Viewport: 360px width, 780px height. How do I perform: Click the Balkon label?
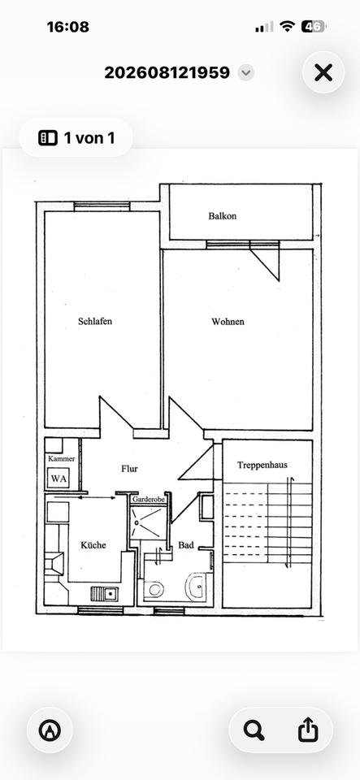(x=223, y=216)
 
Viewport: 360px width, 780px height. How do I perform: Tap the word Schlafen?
(x=95, y=322)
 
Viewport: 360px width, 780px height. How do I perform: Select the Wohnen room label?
(x=228, y=322)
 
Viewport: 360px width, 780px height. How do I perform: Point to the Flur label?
(x=129, y=469)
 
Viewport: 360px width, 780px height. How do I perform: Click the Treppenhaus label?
(x=262, y=465)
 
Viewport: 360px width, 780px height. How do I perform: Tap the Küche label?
(x=93, y=544)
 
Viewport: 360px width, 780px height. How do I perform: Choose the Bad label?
(x=186, y=545)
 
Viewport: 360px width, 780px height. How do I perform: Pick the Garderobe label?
(x=148, y=498)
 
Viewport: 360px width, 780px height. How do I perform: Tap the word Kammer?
(x=62, y=458)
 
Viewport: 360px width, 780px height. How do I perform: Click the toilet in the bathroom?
(x=154, y=590)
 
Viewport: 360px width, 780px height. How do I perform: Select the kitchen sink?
(x=104, y=593)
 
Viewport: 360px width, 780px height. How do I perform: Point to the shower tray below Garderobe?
(x=147, y=522)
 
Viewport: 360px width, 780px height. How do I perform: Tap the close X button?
(x=323, y=72)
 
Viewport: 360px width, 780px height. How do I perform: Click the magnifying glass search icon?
(x=254, y=730)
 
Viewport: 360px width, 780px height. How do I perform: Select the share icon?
(x=308, y=730)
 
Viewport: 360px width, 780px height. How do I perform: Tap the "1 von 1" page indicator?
(x=76, y=138)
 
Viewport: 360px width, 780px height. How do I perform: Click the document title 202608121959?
(x=167, y=72)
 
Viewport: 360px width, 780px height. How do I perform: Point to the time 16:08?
(x=68, y=27)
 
